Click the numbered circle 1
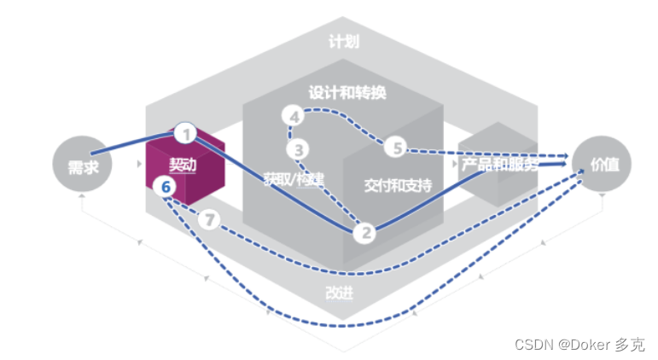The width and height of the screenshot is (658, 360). (185, 134)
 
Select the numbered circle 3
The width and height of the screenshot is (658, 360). (299, 150)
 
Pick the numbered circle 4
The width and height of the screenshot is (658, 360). (294, 116)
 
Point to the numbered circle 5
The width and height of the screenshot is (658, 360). (397, 148)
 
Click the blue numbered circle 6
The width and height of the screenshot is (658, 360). (167, 185)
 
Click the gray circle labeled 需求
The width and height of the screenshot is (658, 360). (82, 167)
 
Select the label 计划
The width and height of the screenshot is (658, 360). (342, 41)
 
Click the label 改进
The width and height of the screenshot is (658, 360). (339, 293)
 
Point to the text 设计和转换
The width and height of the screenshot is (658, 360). (347, 91)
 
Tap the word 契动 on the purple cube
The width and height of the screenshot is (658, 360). (183, 165)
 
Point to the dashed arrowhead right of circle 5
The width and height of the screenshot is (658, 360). (562, 156)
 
